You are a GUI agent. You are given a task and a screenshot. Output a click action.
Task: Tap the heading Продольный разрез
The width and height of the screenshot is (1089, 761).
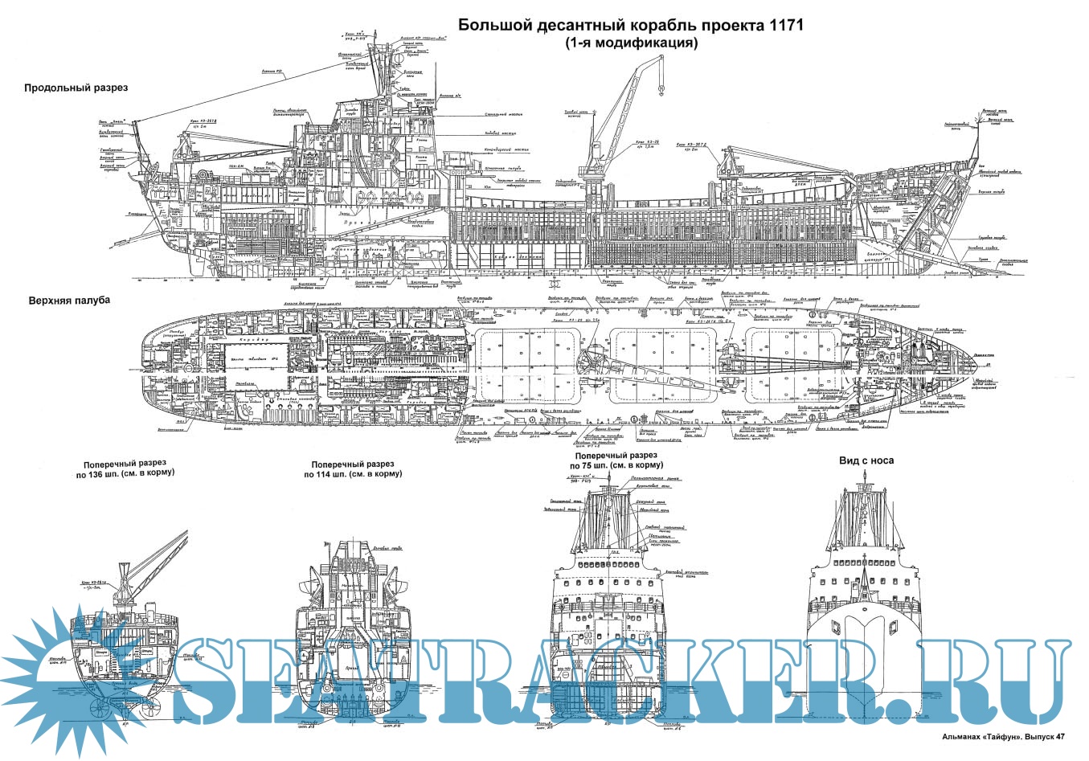click(x=76, y=88)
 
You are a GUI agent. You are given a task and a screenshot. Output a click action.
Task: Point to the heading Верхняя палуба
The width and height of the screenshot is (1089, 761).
click(x=67, y=300)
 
